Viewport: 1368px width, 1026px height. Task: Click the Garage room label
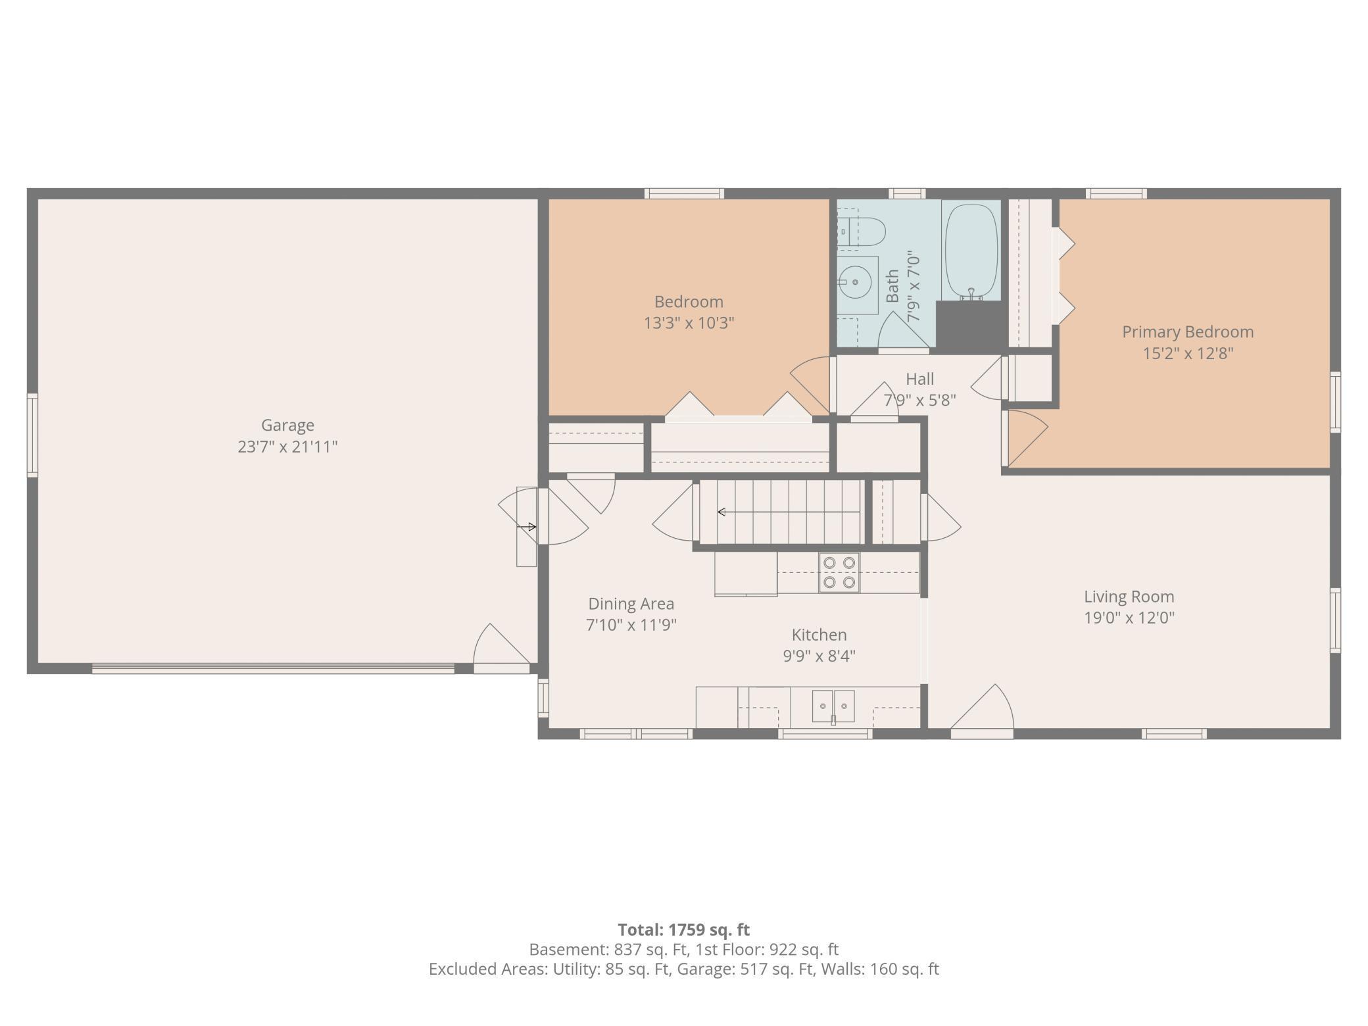pyautogui.click(x=287, y=426)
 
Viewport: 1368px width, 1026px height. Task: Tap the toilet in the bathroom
pyautogui.click(x=862, y=232)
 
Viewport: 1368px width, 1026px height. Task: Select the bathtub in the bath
pyautogui.click(x=971, y=251)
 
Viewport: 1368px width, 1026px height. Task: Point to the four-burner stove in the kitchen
pyautogui.click(x=839, y=572)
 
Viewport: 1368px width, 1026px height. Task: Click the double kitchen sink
pyautogui.click(x=833, y=706)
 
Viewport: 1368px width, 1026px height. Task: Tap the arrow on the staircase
pyautogui.click(x=788, y=512)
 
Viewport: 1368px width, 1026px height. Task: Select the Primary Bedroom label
pyautogui.click(x=1188, y=332)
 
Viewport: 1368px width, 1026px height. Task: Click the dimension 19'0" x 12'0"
pyautogui.click(x=1129, y=618)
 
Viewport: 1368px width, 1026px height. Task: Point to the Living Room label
pyautogui.click(x=1129, y=597)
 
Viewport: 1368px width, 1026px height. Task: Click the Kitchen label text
pyautogui.click(x=819, y=635)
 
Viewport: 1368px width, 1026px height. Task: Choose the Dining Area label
pyautogui.click(x=631, y=604)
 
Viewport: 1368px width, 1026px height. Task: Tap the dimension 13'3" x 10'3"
pyautogui.click(x=689, y=323)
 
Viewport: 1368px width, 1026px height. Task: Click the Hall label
pyautogui.click(x=919, y=379)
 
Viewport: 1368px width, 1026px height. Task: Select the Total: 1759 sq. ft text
pyautogui.click(x=683, y=930)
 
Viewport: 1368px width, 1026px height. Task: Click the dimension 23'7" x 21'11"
pyautogui.click(x=287, y=447)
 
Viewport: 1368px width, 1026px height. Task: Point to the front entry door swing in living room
pyautogui.click(x=982, y=710)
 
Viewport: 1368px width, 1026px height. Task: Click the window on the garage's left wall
pyautogui.click(x=32, y=435)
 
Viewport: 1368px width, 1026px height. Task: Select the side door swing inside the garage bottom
pyautogui.click(x=501, y=647)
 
